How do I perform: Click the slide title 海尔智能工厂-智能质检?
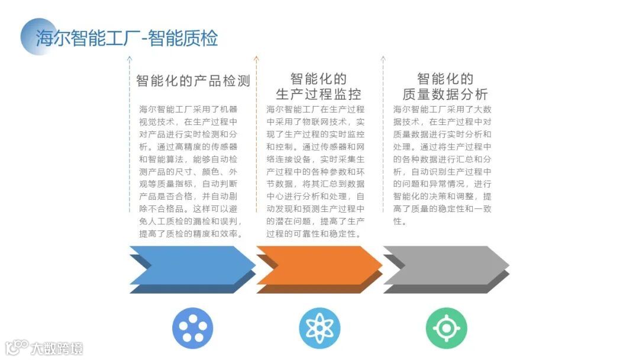coord(127,38)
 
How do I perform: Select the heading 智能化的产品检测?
coord(193,81)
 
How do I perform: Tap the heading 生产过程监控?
coord(318,94)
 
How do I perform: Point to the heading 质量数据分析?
coord(445,94)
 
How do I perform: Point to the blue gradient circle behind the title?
coord(37,36)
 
